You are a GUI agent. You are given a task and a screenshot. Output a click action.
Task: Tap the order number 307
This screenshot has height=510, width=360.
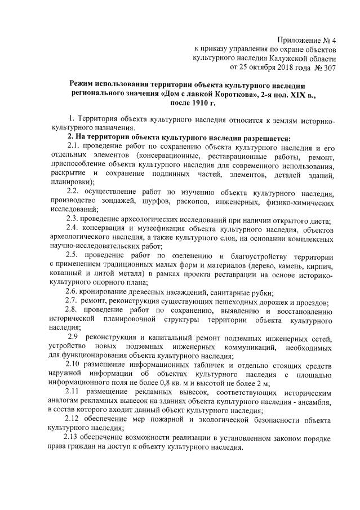click(x=328, y=68)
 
